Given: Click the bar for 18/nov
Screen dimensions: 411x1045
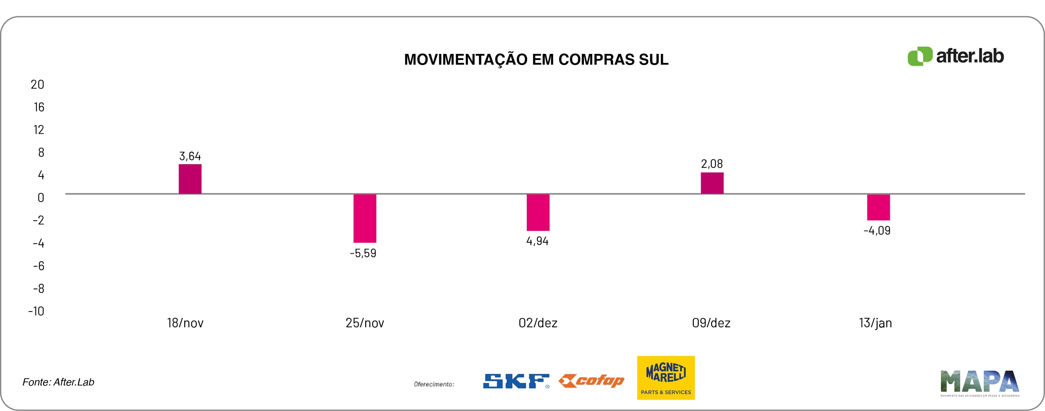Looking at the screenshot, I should [x=190, y=179].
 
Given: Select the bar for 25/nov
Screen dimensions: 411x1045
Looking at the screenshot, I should [x=365, y=218].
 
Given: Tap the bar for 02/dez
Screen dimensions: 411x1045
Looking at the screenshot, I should [x=538, y=212].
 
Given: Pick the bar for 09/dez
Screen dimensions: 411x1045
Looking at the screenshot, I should [x=712, y=183].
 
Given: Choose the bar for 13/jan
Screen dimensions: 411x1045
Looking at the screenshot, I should [x=878, y=207].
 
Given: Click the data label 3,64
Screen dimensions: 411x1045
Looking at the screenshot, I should [x=190, y=156].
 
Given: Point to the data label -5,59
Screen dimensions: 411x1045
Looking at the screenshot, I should [x=363, y=253].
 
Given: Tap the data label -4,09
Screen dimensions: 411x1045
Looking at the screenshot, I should [x=877, y=230].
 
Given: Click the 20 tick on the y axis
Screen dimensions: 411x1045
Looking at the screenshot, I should [x=37, y=84].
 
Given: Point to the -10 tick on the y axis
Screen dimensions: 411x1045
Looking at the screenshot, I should [x=36, y=311].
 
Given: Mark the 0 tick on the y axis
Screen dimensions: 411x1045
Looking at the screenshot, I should [x=41, y=198].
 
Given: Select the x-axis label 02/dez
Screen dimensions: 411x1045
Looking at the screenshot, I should [x=538, y=323].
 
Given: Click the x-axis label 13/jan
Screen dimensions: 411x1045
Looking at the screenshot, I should [x=876, y=323].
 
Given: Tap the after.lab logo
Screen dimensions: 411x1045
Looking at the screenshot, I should [x=955, y=56].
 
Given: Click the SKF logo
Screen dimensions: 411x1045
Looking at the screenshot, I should [x=516, y=381].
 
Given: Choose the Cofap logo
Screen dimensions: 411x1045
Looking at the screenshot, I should [x=591, y=380].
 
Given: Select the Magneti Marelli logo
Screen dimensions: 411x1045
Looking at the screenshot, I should [x=666, y=377].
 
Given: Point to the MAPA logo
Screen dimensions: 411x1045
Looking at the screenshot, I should [x=979, y=383].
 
